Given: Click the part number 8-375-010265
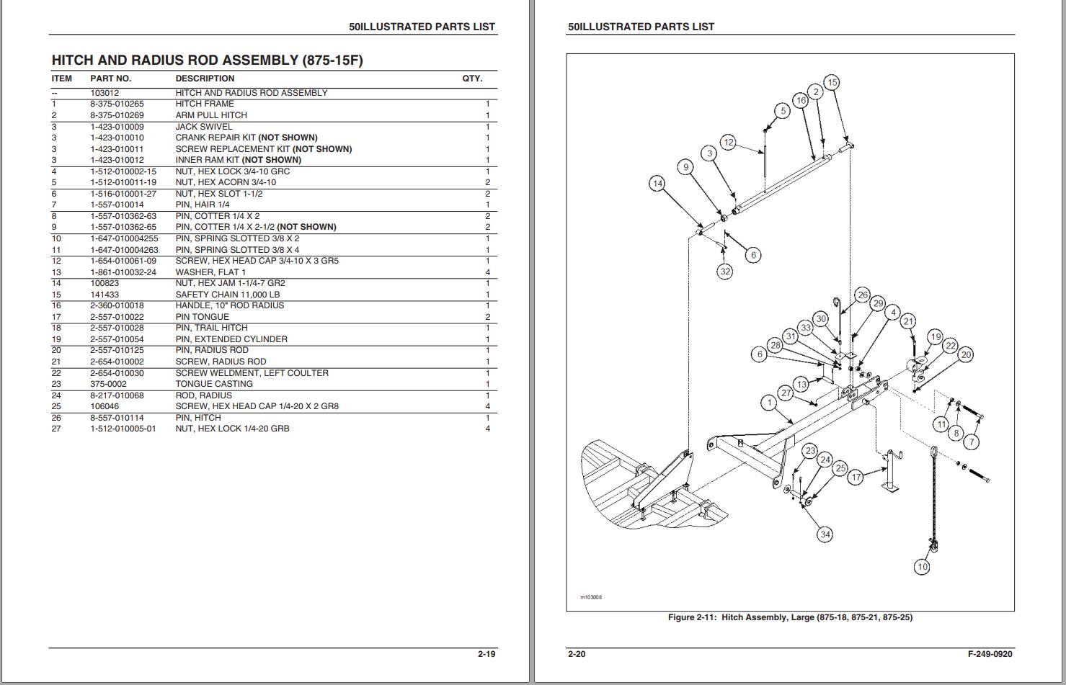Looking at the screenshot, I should (x=117, y=104).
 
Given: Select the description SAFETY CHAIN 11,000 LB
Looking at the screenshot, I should (x=228, y=295).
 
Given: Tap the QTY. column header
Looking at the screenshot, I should (x=472, y=79).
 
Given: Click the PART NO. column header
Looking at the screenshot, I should (x=110, y=79).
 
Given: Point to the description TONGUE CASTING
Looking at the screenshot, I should (x=214, y=384).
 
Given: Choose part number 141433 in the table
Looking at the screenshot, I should (x=105, y=295).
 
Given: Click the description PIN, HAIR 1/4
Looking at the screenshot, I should (x=203, y=205).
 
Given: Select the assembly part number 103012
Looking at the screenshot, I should (x=105, y=93).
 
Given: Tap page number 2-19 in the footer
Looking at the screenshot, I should (x=487, y=654).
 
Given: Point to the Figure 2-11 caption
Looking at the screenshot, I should (x=790, y=617).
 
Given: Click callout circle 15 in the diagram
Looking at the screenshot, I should (x=832, y=82).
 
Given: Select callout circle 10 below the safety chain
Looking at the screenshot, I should (x=922, y=567).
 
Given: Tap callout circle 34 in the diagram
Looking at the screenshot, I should (x=825, y=534).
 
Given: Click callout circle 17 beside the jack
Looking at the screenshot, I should (x=856, y=477).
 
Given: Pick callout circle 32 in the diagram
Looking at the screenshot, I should (x=725, y=272).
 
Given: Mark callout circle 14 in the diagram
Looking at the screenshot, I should (x=657, y=184).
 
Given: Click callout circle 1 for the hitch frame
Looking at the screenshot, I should (x=770, y=403).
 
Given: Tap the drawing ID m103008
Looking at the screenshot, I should (x=590, y=597).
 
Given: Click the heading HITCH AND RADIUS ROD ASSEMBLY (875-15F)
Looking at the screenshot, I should (x=208, y=61).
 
